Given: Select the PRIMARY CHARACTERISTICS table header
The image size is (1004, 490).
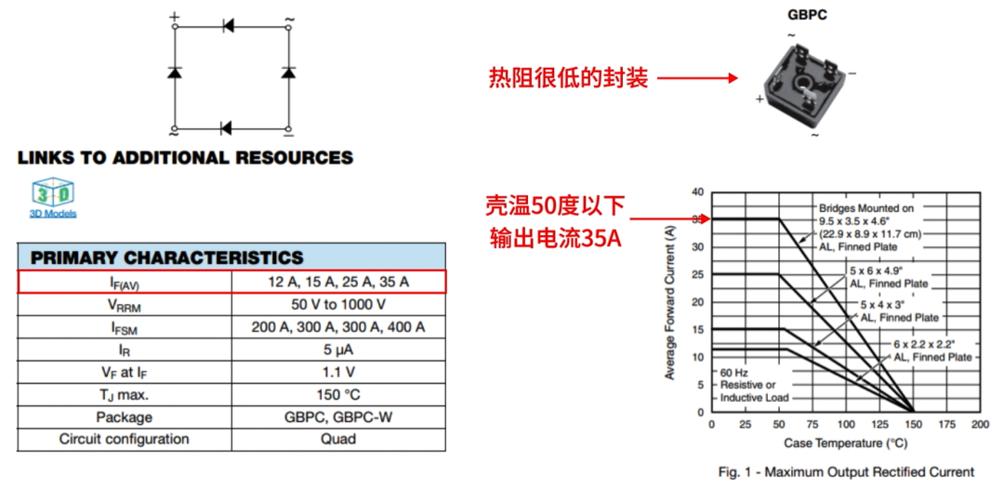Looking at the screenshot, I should (167, 258).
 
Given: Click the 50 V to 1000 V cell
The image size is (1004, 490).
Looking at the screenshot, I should (338, 304).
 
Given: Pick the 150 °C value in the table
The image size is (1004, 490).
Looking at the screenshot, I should (338, 394).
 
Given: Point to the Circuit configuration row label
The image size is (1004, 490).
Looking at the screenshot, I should (124, 439).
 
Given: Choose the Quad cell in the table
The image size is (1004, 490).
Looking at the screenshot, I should (338, 439).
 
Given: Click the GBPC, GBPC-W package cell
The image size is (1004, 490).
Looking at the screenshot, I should (338, 417).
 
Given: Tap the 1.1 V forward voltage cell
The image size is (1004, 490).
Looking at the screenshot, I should (338, 372).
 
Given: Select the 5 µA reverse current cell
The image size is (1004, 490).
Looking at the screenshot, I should (338, 350).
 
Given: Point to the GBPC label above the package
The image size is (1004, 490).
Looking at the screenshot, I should (807, 15).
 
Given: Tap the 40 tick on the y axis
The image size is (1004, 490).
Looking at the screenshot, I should (698, 192).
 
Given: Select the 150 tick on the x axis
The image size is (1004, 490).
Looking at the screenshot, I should (913, 424).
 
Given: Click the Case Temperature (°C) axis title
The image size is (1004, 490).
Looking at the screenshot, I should (845, 443).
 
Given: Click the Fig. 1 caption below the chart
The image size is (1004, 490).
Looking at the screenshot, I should (846, 471).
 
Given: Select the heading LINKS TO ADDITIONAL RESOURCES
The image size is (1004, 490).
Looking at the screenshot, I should (185, 158).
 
